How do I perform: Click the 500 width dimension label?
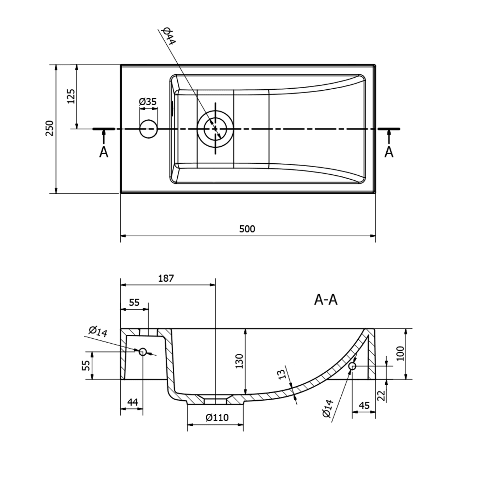tap(247, 229)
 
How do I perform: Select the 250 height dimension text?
tap(49, 128)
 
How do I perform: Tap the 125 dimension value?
tap(71, 96)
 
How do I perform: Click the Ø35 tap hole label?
tap(148, 102)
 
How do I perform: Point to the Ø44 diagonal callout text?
tap(169, 36)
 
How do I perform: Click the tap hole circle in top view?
tap(148, 129)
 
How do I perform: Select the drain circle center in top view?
tap(215, 129)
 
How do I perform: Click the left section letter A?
tap(103, 152)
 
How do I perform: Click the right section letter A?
tap(389, 152)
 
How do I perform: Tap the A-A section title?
tap(326, 300)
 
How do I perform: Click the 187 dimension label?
tap(166, 278)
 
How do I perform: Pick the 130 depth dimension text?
tap(240, 361)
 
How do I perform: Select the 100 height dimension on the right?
tap(400, 354)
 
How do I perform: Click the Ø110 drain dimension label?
tap(217, 418)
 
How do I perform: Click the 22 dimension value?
tap(382, 395)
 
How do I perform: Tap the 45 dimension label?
tap(364, 405)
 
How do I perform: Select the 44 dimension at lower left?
tap(132, 402)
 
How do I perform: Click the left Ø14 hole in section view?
tap(143, 352)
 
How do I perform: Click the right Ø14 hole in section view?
tap(352, 366)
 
